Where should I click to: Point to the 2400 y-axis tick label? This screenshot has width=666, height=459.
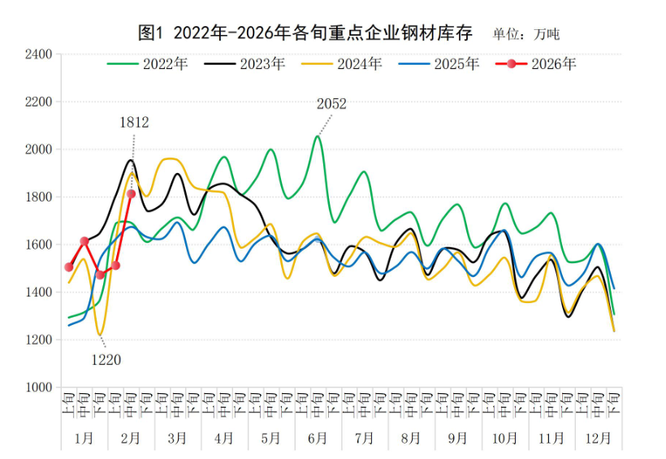(38, 54)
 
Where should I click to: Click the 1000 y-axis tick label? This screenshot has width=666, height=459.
(38, 388)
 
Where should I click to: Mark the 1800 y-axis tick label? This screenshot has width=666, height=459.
(38, 197)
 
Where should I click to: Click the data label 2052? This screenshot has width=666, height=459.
(331, 104)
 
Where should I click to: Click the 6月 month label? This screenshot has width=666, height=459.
(317, 438)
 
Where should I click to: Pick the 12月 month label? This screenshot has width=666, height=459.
(598, 438)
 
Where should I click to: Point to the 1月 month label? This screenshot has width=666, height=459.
(84, 438)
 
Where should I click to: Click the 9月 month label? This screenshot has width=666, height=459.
(457, 438)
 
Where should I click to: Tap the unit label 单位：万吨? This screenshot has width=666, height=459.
(526, 34)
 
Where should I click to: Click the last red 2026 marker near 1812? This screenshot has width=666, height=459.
(132, 194)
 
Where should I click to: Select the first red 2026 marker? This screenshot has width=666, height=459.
(69, 267)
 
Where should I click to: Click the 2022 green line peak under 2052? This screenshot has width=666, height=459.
(318, 136)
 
